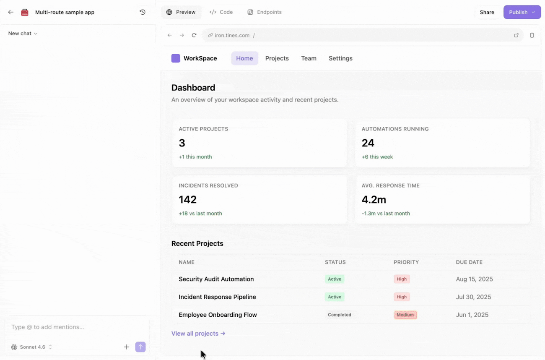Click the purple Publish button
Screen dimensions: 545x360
[x=522, y=12]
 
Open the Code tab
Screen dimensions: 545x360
[x=221, y=12]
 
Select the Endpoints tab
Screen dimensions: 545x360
[x=265, y=12]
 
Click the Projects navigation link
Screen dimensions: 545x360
[x=277, y=58]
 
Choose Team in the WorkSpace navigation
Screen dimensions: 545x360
[x=309, y=58]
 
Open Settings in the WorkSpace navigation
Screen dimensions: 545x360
[x=340, y=58]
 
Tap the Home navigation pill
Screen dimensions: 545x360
[x=244, y=58]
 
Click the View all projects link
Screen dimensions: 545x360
[x=198, y=333]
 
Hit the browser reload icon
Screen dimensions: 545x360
[x=194, y=35]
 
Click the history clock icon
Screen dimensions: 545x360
[x=143, y=12]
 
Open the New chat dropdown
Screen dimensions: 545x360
[x=23, y=34]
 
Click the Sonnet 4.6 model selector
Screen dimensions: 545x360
[x=31, y=347]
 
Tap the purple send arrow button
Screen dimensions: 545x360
[x=140, y=347]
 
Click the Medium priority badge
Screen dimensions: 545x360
[x=405, y=315]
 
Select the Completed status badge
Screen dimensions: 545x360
[x=340, y=315]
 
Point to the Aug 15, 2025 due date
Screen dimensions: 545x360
[x=474, y=279]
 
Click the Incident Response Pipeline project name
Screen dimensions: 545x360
[x=217, y=297]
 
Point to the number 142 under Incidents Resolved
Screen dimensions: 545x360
[x=187, y=199]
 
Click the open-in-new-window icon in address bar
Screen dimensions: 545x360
[x=516, y=35]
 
